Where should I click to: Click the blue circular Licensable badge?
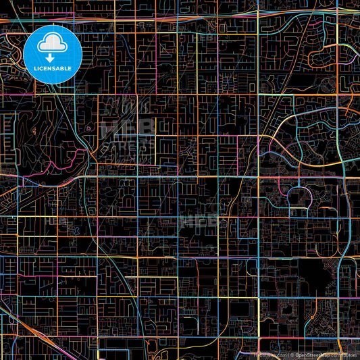tap(53, 55)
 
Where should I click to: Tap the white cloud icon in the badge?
tap(53, 45)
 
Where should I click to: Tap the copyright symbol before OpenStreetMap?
tap(292, 355)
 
